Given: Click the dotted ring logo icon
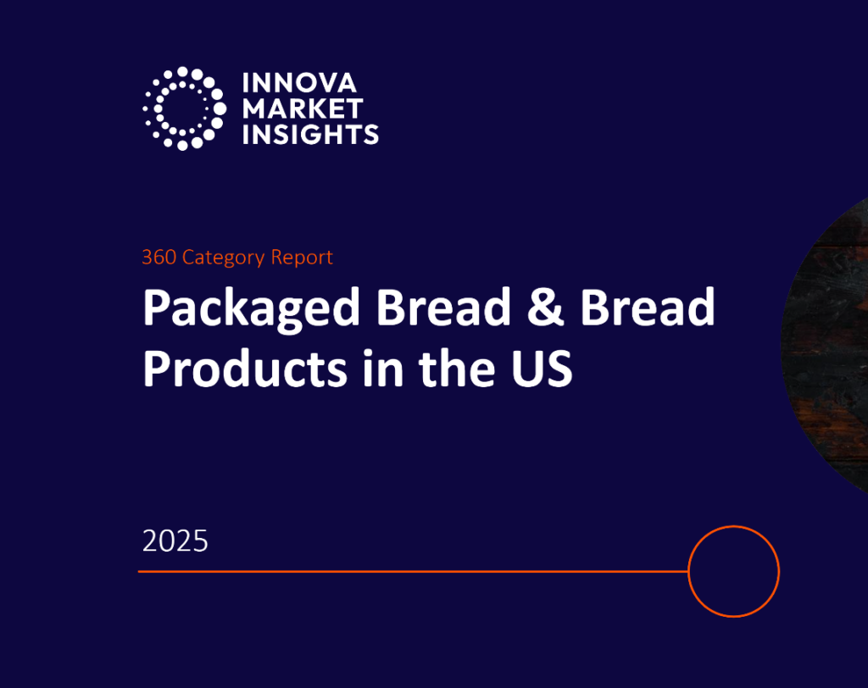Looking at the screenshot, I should (183, 108).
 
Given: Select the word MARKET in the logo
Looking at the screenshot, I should (303, 108).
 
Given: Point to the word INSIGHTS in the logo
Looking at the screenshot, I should (310, 134).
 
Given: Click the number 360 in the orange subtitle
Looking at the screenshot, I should (159, 257).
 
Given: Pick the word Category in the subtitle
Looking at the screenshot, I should (223, 257).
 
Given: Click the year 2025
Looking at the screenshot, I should (175, 541).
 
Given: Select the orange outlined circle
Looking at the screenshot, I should (733, 571).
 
